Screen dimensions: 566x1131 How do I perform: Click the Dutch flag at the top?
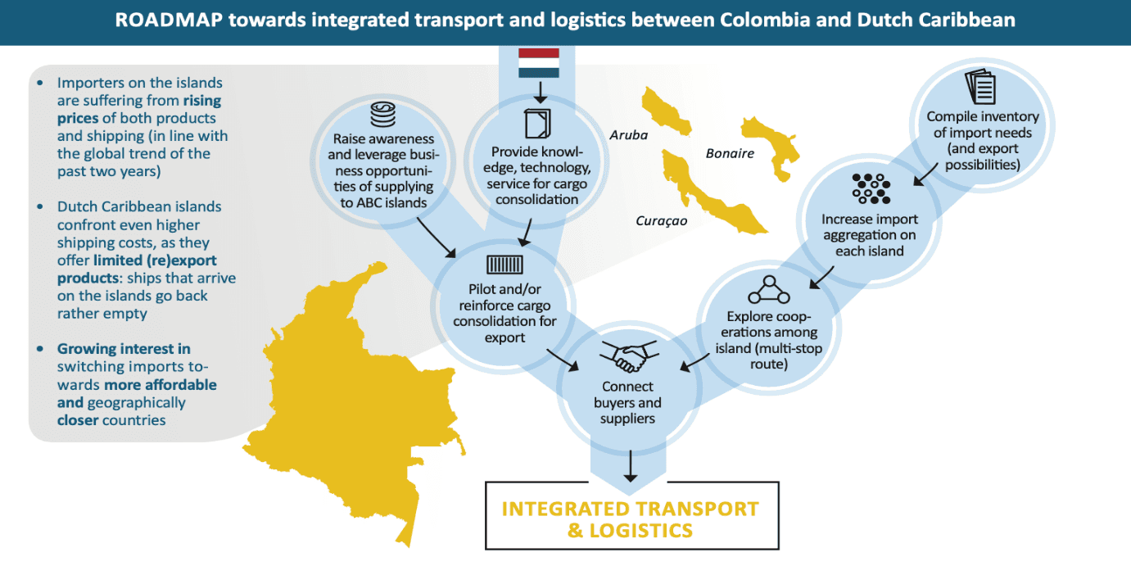click(x=539, y=63)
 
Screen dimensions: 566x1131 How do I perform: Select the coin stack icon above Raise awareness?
click(x=383, y=114)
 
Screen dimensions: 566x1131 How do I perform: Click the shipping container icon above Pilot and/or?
click(x=504, y=264)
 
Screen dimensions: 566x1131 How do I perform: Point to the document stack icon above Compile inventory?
click(x=980, y=88)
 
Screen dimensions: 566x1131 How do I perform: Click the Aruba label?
click(x=628, y=135)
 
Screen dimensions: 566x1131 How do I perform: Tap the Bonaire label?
click(x=730, y=153)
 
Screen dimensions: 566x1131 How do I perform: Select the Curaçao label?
click(x=661, y=220)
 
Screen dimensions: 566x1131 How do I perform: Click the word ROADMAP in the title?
click(x=168, y=20)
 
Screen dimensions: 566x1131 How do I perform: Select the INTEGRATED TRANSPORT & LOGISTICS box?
click(x=631, y=518)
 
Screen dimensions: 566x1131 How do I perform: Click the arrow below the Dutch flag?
click(x=540, y=91)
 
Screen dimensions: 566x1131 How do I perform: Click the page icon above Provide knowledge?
click(x=536, y=124)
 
